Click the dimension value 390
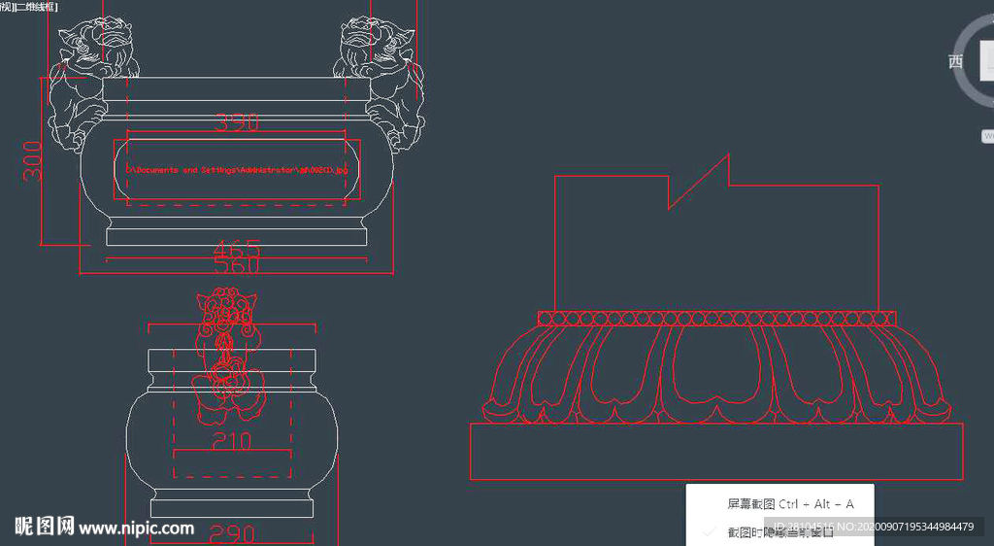coord(237,123)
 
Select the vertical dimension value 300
coord(33,161)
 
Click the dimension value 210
coord(230,441)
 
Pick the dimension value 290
coord(232,534)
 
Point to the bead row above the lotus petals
coord(716,318)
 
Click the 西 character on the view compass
coord(955,61)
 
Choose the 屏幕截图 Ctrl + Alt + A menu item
coord(789,504)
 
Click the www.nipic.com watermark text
coord(136,529)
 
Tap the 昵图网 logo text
coord(45,528)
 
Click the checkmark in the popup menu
coord(710,532)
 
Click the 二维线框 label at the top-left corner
coord(35,6)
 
